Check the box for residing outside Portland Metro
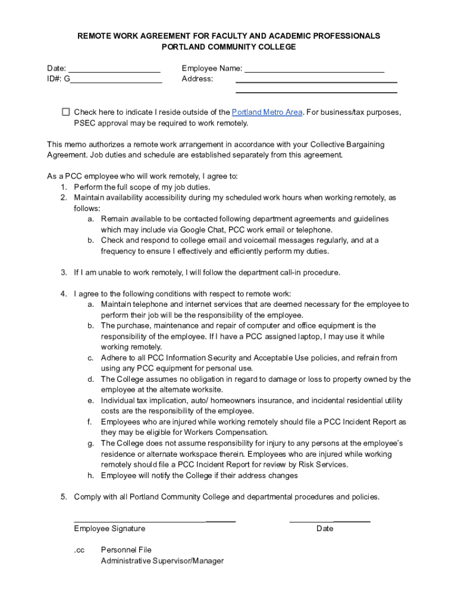click(66, 112)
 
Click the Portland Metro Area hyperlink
click(267, 112)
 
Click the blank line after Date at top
click(114, 69)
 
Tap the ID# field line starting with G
click(116, 79)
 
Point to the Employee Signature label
click(109, 529)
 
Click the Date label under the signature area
click(325, 529)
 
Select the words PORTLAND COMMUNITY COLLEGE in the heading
click(228, 47)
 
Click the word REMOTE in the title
click(94, 36)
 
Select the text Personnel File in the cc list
click(126, 550)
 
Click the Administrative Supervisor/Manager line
click(162, 561)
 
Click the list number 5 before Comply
click(63, 497)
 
